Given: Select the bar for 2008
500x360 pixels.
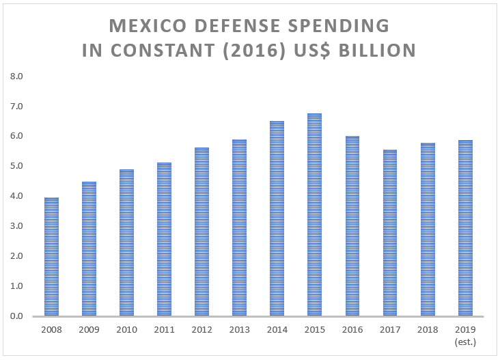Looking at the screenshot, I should click(51, 257).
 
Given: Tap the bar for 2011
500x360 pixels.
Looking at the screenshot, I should click(164, 239).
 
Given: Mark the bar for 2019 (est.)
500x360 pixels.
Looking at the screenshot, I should click(464, 228).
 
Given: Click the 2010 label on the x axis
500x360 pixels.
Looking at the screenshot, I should click(126, 329).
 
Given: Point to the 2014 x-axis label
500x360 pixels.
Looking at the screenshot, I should click(277, 329).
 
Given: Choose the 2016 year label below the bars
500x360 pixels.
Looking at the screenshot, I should click(352, 329).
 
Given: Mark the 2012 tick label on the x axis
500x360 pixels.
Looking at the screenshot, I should click(202, 329).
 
